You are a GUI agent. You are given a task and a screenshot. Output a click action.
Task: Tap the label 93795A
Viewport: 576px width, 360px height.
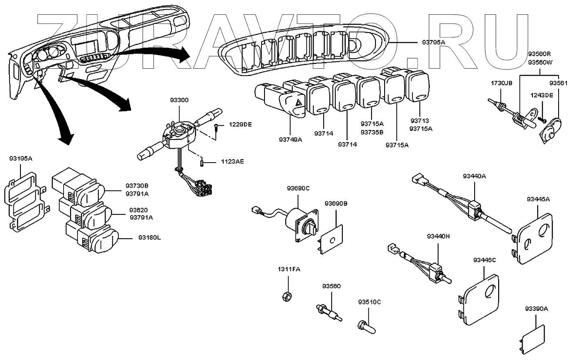tap(434, 42)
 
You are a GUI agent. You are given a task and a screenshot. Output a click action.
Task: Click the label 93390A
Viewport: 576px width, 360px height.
tap(536, 309)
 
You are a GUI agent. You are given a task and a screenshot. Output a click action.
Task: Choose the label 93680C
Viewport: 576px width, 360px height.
tap(298, 188)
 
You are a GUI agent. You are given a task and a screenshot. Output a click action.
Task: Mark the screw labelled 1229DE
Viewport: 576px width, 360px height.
tap(216, 127)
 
